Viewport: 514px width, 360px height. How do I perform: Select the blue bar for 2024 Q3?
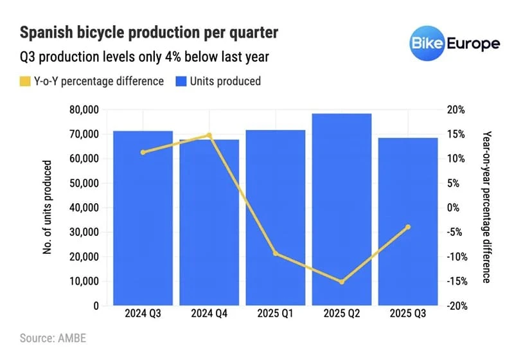click(x=143, y=219)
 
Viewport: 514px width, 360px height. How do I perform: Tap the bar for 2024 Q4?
click(x=209, y=222)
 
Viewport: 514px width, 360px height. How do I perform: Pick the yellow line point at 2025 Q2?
click(x=342, y=282)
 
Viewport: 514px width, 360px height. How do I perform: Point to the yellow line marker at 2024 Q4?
click(x=209, y=136)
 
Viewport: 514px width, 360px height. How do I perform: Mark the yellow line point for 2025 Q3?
click(x=408, y=227)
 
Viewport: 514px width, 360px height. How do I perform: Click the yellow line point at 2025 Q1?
click(x=276, y=254)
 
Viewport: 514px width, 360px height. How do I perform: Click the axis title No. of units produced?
click(x=48, y=207)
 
